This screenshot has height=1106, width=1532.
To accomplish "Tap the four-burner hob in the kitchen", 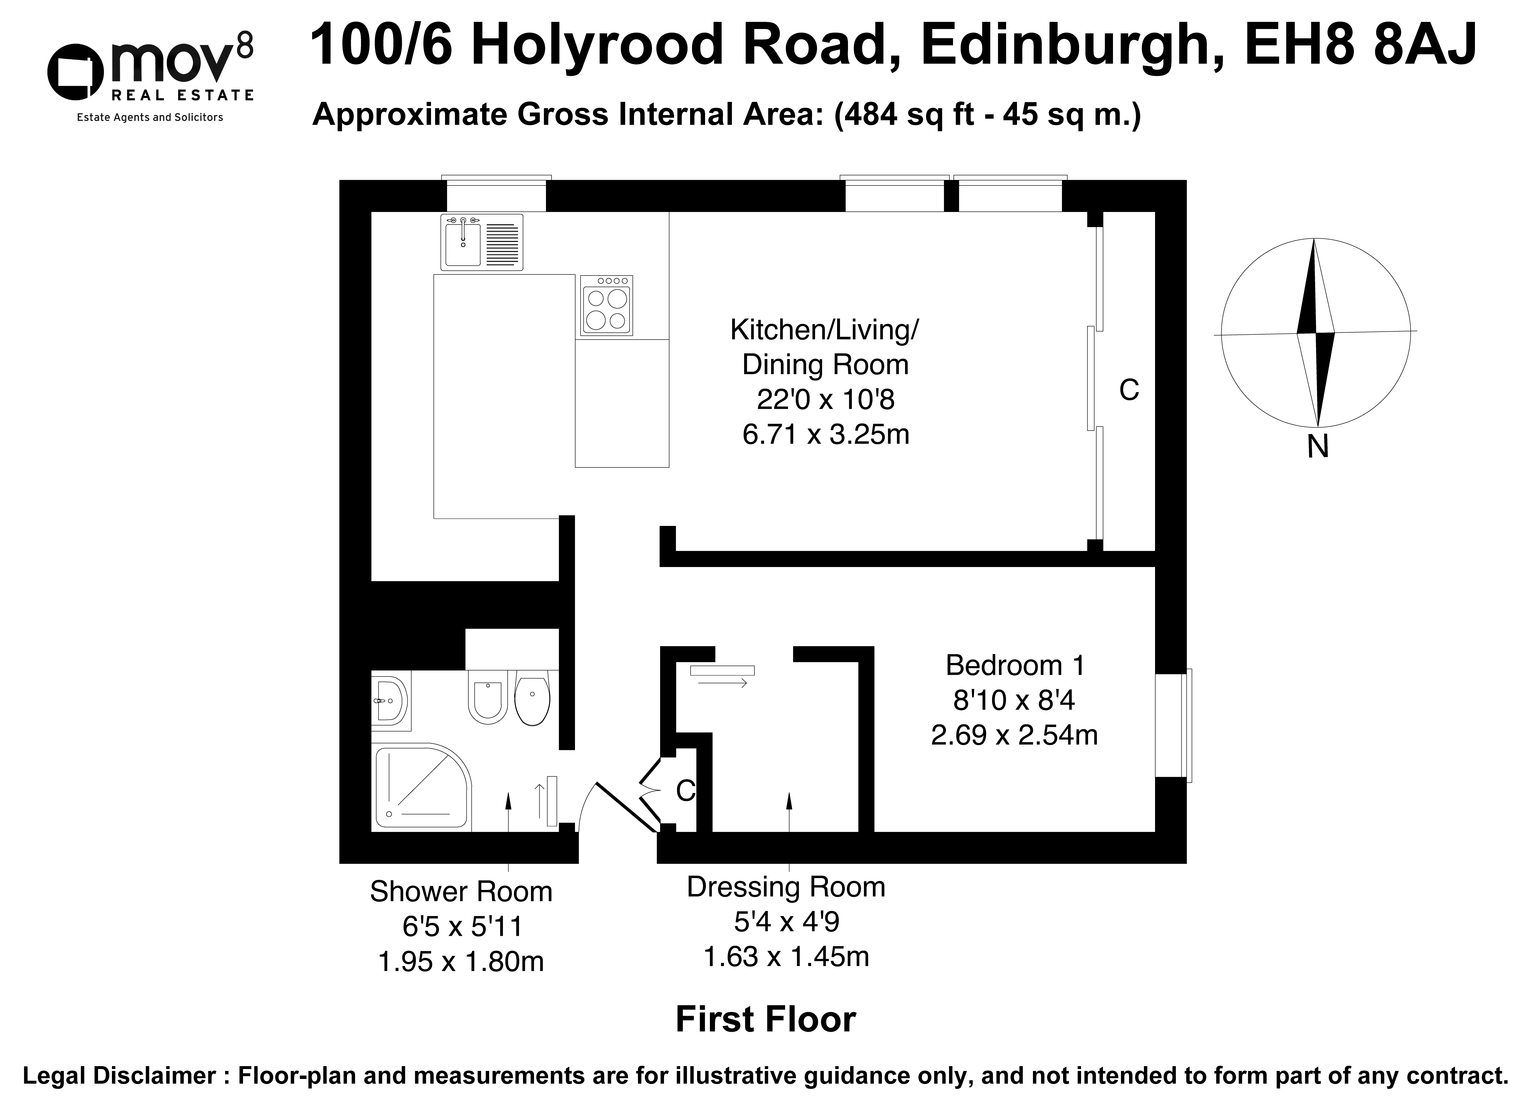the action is point(606,306).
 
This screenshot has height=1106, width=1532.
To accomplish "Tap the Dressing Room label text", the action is point(786,887).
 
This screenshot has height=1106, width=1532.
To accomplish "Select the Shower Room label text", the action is point(461,892).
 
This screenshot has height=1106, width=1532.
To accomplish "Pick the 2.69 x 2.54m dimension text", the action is point(1014,735).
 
